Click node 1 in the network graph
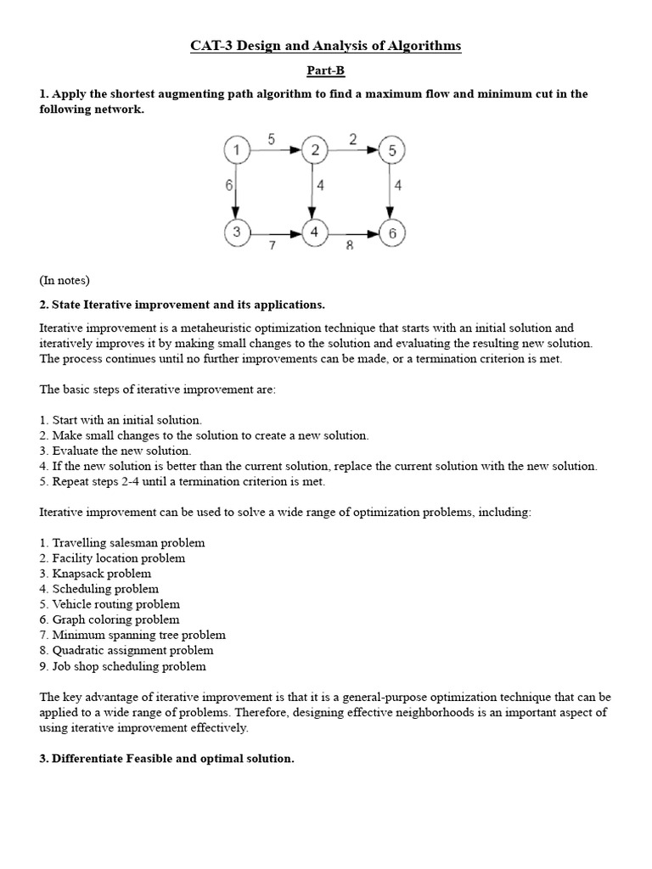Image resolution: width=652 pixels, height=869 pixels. click(x=236, y=151)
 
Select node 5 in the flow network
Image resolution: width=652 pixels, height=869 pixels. click(x=392, y=151)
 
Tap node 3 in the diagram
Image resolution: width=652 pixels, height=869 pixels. click(x=236, y=232)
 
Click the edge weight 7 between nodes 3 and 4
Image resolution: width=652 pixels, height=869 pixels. click(x=272, y=245)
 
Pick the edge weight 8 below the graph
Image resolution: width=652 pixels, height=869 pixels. click(x=349, y=245)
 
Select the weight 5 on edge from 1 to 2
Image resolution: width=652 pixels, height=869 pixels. click(x=271, y=140)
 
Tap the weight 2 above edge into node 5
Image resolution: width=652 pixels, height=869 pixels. click(x=352, y=140)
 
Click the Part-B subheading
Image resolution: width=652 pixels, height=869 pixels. click(x=326, y=71)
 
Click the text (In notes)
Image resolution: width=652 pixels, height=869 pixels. click(x=65, y=280)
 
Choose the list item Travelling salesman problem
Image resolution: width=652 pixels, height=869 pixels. click(x=127, y=542)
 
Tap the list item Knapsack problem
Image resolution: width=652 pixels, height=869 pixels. click(x=101, y=573)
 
